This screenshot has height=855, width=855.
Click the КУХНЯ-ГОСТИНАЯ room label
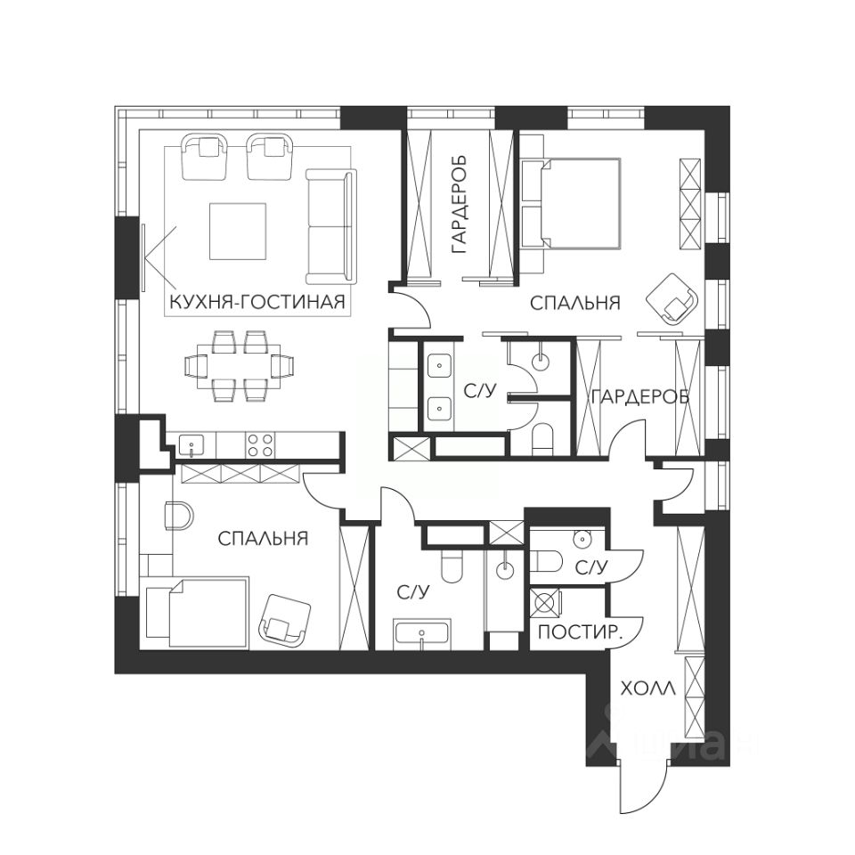tap(257, 302)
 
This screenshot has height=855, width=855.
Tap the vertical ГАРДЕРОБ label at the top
tap(460, 205)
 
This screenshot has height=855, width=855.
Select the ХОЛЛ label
tap(648, 688)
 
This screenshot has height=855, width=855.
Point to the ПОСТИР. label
tap(580, 632)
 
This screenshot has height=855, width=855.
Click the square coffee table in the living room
tap(238, 232)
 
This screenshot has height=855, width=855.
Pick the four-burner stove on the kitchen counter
tap(259, 444)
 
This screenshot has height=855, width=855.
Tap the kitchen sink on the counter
tap(191, 445)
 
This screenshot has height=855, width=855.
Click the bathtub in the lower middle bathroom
tap(422, 633)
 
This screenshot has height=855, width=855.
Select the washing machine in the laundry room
tap(546, 602)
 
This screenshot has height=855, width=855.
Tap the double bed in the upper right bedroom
tap(571, 203)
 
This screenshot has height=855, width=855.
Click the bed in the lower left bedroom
tap(195, 613)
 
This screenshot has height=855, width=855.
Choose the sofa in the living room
tap(331, 226)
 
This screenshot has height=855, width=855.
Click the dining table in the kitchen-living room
tap(240, 366)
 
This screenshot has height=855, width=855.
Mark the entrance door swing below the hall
tap(643, 794)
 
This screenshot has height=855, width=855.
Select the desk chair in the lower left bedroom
tap(179, 516)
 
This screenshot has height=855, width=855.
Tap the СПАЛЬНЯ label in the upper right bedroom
tap(575, 303)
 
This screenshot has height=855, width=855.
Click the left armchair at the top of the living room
tap(205, 157)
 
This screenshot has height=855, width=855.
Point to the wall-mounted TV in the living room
tap(143, 257)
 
